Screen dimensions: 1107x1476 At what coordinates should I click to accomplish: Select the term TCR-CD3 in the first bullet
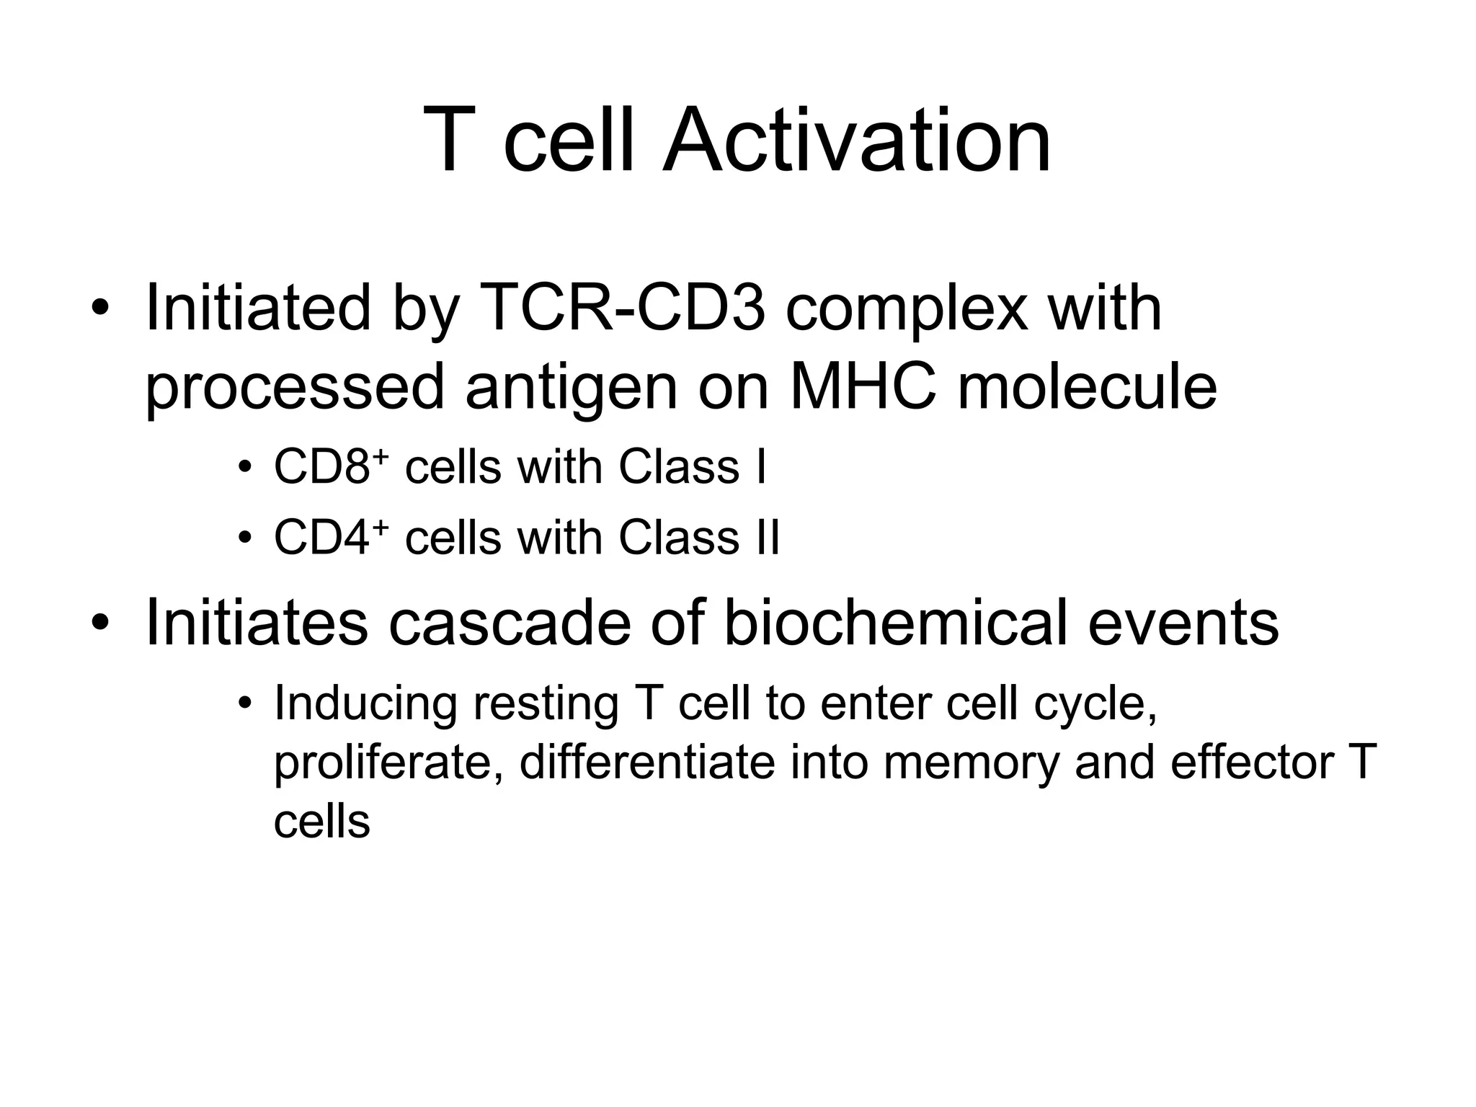621,309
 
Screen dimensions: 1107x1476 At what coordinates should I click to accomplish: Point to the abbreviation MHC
863,388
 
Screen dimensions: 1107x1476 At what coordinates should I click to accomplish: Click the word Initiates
257,623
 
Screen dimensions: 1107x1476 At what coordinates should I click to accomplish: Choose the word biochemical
894,623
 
